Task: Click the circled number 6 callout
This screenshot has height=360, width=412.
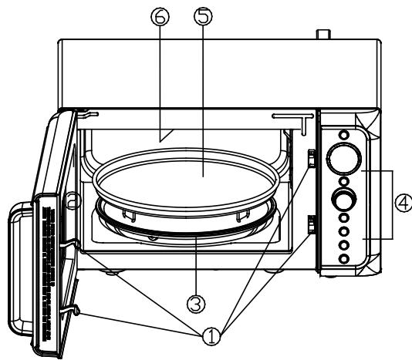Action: click(x=160, y=16)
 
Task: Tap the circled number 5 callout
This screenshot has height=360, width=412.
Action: click(x=203, y=16)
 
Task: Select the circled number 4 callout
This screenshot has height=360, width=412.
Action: click(x=404, y=203)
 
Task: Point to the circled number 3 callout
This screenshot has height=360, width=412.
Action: click(x=196, y=304)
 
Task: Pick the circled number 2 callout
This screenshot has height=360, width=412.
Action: click(x=73, y=200)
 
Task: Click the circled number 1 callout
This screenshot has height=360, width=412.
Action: click(x=211, y=336)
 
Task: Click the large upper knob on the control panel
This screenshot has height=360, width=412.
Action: click(x=343, y=158)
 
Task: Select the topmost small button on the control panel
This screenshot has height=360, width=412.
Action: click(x=344, y=135)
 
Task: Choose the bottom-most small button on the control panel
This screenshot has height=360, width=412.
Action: click(x=344, y=259)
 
